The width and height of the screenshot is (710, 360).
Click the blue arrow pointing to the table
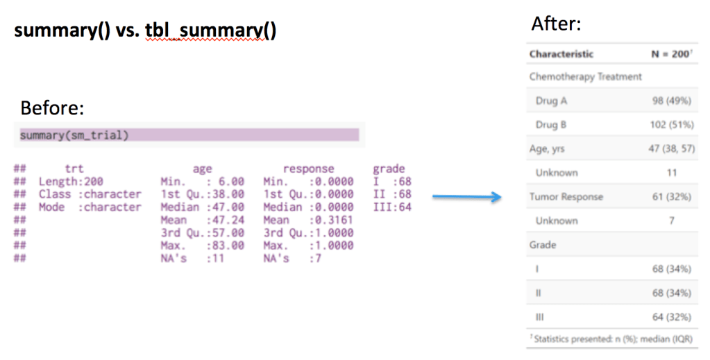pyautogui.click(x=466, y=198)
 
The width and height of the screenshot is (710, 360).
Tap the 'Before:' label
pyautogui.click(x=53, y=108)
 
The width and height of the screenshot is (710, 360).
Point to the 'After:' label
pyautogui.click(x=556, y=24)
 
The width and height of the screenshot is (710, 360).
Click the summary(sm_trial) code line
pyautogui.click(x=74, y=135)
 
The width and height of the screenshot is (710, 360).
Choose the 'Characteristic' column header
pyautogui.click(x=561, y=53)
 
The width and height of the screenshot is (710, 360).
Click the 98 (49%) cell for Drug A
pyautogui.click(x=671, y=101)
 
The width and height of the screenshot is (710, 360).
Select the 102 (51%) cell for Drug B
pyautogui.click(x=670, y=125)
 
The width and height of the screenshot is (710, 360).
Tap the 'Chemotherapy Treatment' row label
pyautogui.click(x=585, y=77)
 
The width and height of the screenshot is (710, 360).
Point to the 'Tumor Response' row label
pyautogui.click(x=566, y=197)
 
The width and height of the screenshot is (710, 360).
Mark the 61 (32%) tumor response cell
pyautogui.click(x=671, y=197)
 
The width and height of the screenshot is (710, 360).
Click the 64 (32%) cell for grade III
pyautogui.click(x=671, y=317)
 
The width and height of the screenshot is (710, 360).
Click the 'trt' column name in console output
pyautogui.click(x=74, y=169)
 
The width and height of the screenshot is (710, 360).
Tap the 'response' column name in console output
pyautogui.click(x=308, y=169)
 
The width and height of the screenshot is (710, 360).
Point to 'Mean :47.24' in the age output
pyautogui.click(x=202, y=220)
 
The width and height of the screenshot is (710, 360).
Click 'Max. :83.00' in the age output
pyautogui.click(x=202, y=245)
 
